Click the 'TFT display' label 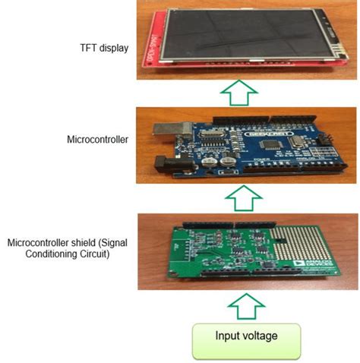point(103,49)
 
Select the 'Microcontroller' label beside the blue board point(96,140)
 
